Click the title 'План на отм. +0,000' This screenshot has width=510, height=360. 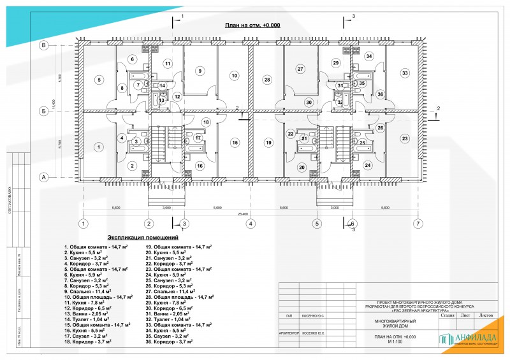click(252, 25)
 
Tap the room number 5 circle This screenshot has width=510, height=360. click(99, 80)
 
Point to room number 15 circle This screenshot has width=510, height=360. click(235, 143)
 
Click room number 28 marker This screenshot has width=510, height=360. click(268, 80)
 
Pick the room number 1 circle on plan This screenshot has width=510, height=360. click(99, 147)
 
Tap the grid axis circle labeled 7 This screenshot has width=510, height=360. click(418, 224)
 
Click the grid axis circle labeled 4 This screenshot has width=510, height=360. click(251, 224)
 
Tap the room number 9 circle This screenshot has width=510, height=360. click(200, 71)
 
